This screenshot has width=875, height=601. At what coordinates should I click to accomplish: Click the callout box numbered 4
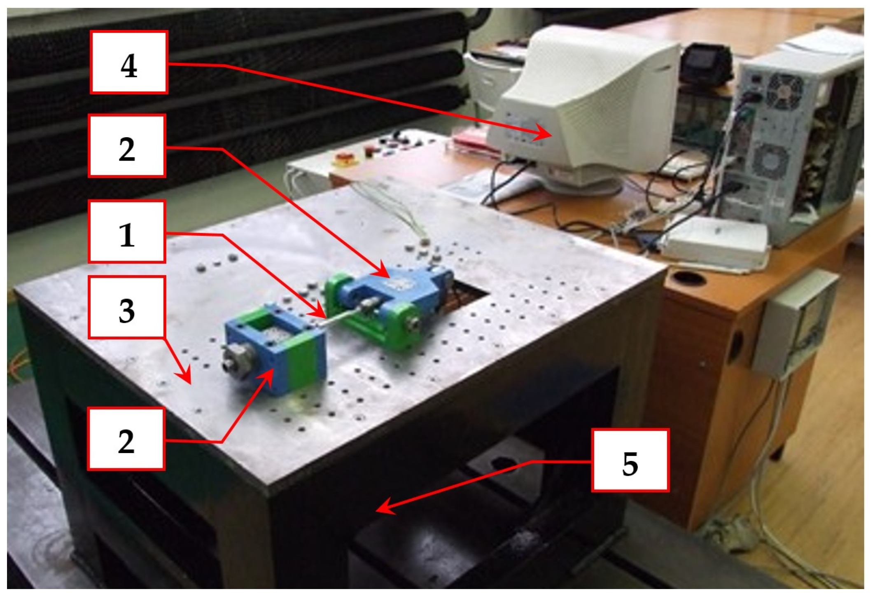129,62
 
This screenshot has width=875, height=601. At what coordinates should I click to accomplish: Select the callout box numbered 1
127,232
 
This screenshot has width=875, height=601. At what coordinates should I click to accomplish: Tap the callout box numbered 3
127,307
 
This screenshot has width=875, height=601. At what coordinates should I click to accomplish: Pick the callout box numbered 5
630,460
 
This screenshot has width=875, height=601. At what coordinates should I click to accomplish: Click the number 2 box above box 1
127,146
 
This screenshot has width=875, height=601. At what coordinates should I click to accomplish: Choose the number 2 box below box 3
126,439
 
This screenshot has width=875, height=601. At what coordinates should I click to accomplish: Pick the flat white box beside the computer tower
716,243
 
